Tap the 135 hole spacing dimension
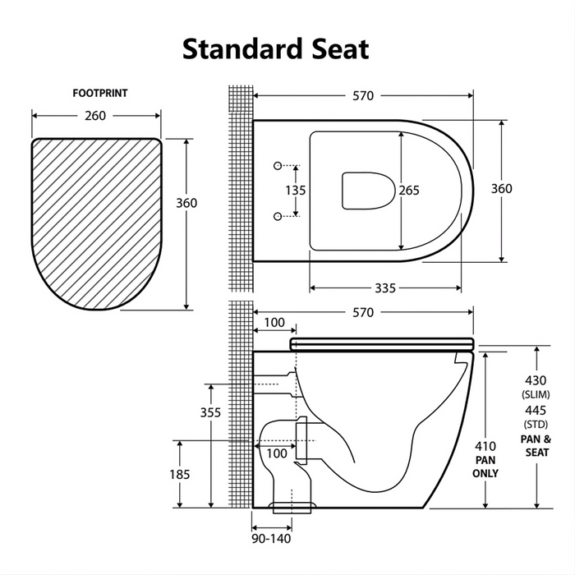click(x=296, y=191)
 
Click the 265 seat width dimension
click(x=409, y=191)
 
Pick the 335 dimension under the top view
click(x=384, y=287)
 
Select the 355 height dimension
click(x=211, y=412)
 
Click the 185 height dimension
click(x=180, y=474)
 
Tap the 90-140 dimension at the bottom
click(x=271, y=540)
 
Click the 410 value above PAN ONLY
click(x=486, y=446)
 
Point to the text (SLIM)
click(x=536, y=395)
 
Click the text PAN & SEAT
click(x=536, y=446)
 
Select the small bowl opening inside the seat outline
click(x=367, y=191)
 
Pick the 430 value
click(x=536, y=381)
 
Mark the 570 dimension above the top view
click(x=363, y=96)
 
